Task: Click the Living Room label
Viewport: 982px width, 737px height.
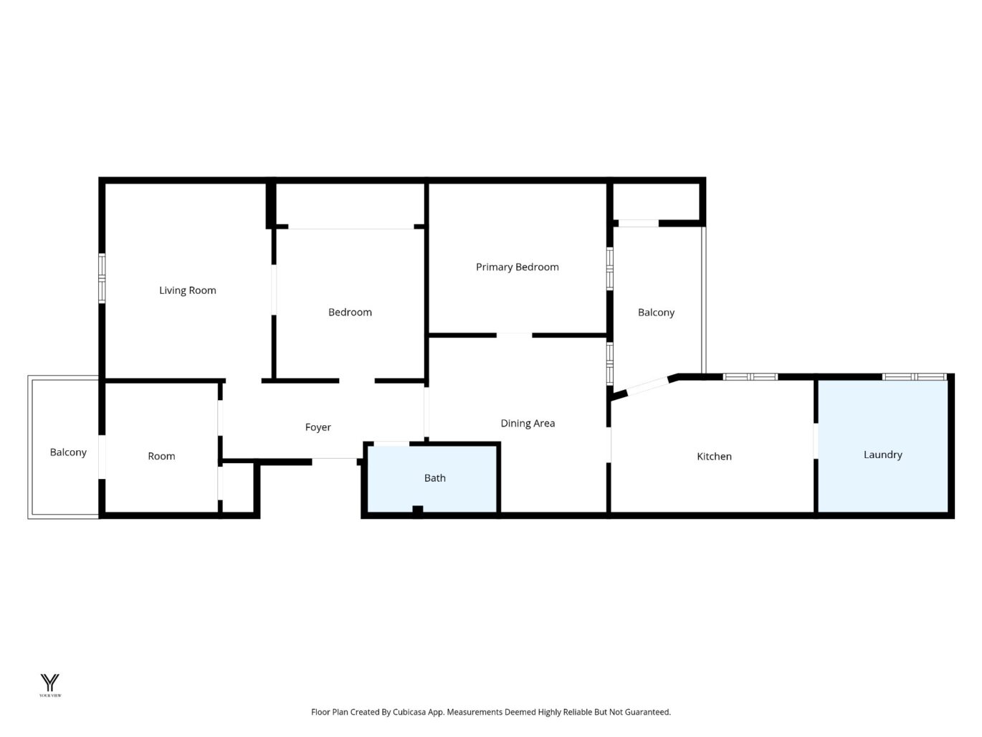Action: (188, 290)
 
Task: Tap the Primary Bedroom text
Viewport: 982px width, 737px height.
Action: (518, 267)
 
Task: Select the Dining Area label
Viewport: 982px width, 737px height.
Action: (528, 423)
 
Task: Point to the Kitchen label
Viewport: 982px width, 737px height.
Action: (714, 457)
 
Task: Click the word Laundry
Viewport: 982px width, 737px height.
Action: (882, 455)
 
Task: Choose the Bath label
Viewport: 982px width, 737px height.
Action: (435, 478)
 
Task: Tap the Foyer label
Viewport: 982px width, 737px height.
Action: (318, 427)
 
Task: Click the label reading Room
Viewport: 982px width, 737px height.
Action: (161, 456)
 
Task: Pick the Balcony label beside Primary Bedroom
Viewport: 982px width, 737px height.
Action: (656, 313)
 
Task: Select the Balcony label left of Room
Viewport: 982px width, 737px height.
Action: (68, 452)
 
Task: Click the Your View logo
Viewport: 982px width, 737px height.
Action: (50, 685)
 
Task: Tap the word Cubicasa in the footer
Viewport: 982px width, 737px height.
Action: (409, 712)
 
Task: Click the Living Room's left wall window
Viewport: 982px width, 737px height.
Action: (102, 278)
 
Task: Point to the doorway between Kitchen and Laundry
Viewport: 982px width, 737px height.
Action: (816, 441)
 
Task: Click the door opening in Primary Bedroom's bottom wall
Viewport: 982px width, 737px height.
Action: (514, 335)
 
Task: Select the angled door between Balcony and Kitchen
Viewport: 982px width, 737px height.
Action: (647, 386)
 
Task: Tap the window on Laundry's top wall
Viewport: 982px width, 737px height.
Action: (915, 377)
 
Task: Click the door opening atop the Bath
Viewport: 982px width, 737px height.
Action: (391, 444)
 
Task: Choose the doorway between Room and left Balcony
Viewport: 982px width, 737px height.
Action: (102, 457)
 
